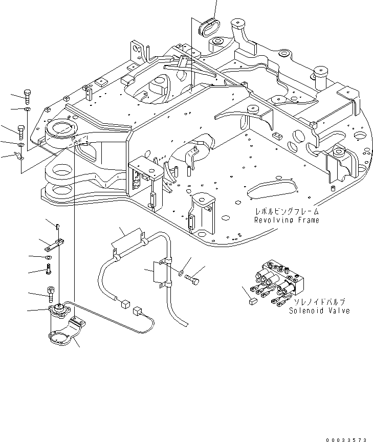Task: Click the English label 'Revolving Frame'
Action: (x=286, y=220)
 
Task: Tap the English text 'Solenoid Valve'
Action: (x=319, y=311)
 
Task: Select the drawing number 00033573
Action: (x=346, y=439)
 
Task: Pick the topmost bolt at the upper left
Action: (x=27, y=96)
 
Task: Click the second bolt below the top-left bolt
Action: (x=21, y=132)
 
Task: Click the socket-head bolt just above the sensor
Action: (x=51, y=294)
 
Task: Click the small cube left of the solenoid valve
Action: (x=251, y=302)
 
